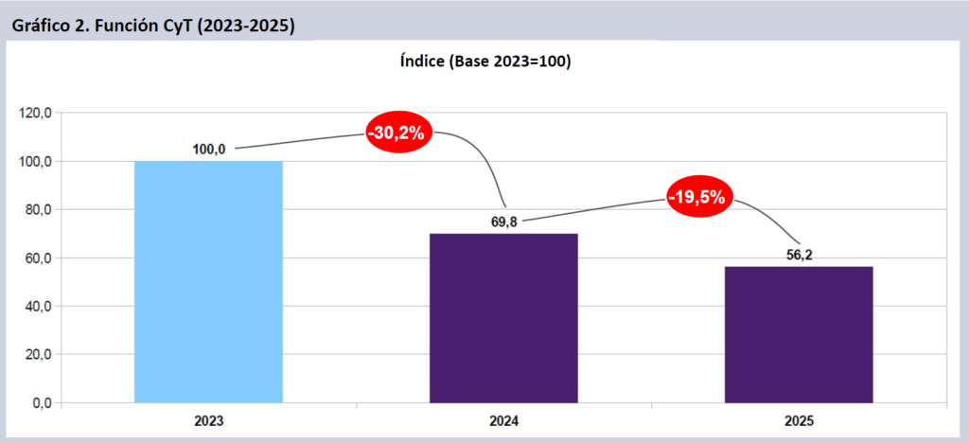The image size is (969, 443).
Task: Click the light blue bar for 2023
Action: [208, 281]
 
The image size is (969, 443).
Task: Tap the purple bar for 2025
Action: [799, 334]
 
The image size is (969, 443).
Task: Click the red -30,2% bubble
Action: [398, 133]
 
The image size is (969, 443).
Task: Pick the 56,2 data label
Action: [799, 255]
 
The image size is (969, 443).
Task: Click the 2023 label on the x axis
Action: [208, 420]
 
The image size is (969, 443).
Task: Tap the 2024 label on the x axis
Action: [503, 420]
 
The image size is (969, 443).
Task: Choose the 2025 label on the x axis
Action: [799, 420]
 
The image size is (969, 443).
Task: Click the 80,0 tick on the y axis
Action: [38, 210]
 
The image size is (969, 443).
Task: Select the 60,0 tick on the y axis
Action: [38, 258]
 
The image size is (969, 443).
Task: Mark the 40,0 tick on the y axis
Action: [38, 307]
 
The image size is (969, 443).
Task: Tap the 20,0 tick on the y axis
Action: [38, 355]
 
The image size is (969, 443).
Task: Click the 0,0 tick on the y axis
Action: [42, 403]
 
